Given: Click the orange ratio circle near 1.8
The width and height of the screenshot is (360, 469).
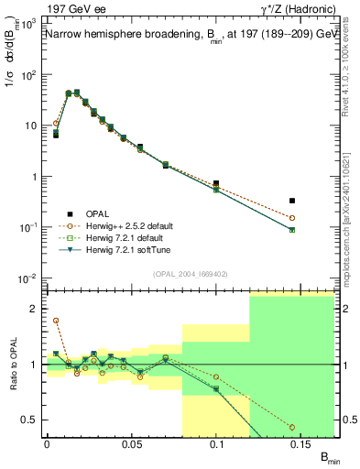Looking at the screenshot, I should click(x=56, y=321).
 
